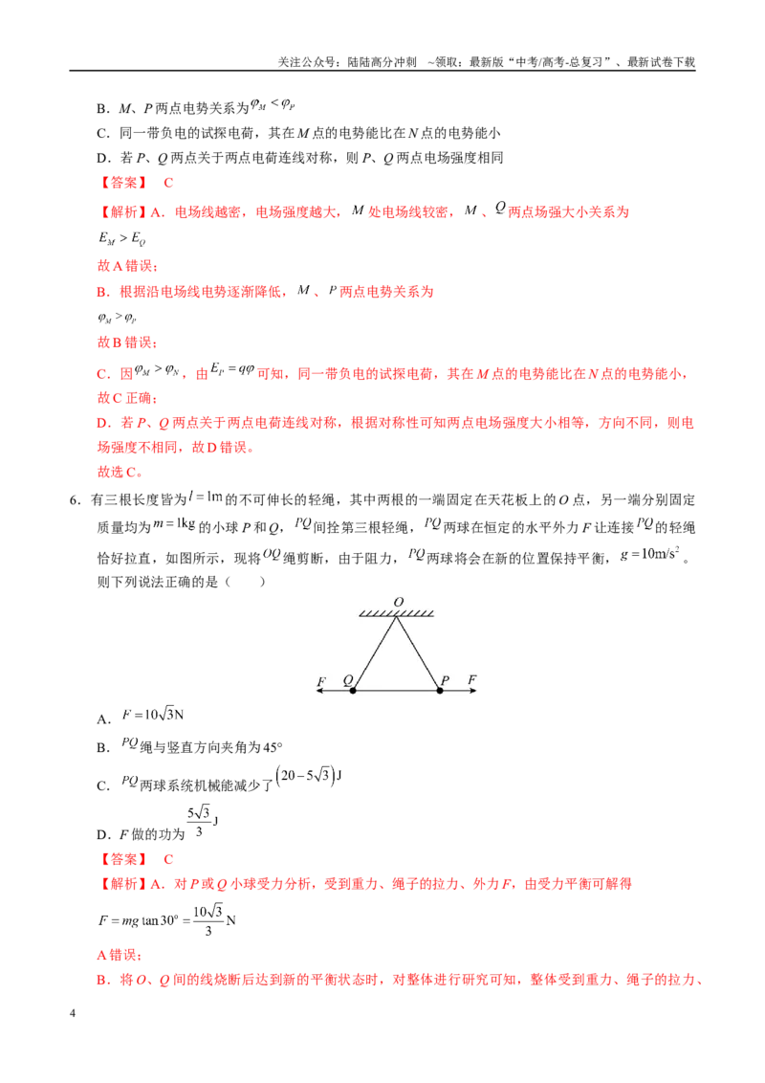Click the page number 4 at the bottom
point(73,1013)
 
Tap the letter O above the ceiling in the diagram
point(399,603)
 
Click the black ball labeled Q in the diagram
point(353,690)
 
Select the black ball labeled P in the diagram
point(440,690)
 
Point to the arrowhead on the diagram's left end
point(319,690)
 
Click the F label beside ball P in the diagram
point(471,679)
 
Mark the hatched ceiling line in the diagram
point(396,613)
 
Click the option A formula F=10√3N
point(153,714)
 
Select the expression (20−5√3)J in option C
point(309,776)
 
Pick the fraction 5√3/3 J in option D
point(203,821)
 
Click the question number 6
point(76,500)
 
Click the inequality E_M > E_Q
point(121,238)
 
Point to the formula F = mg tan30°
point(139,920)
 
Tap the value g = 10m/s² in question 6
point(650,553)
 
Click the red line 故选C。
point(120,472)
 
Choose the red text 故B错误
point(127,342)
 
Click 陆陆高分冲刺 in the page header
point(382,62)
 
